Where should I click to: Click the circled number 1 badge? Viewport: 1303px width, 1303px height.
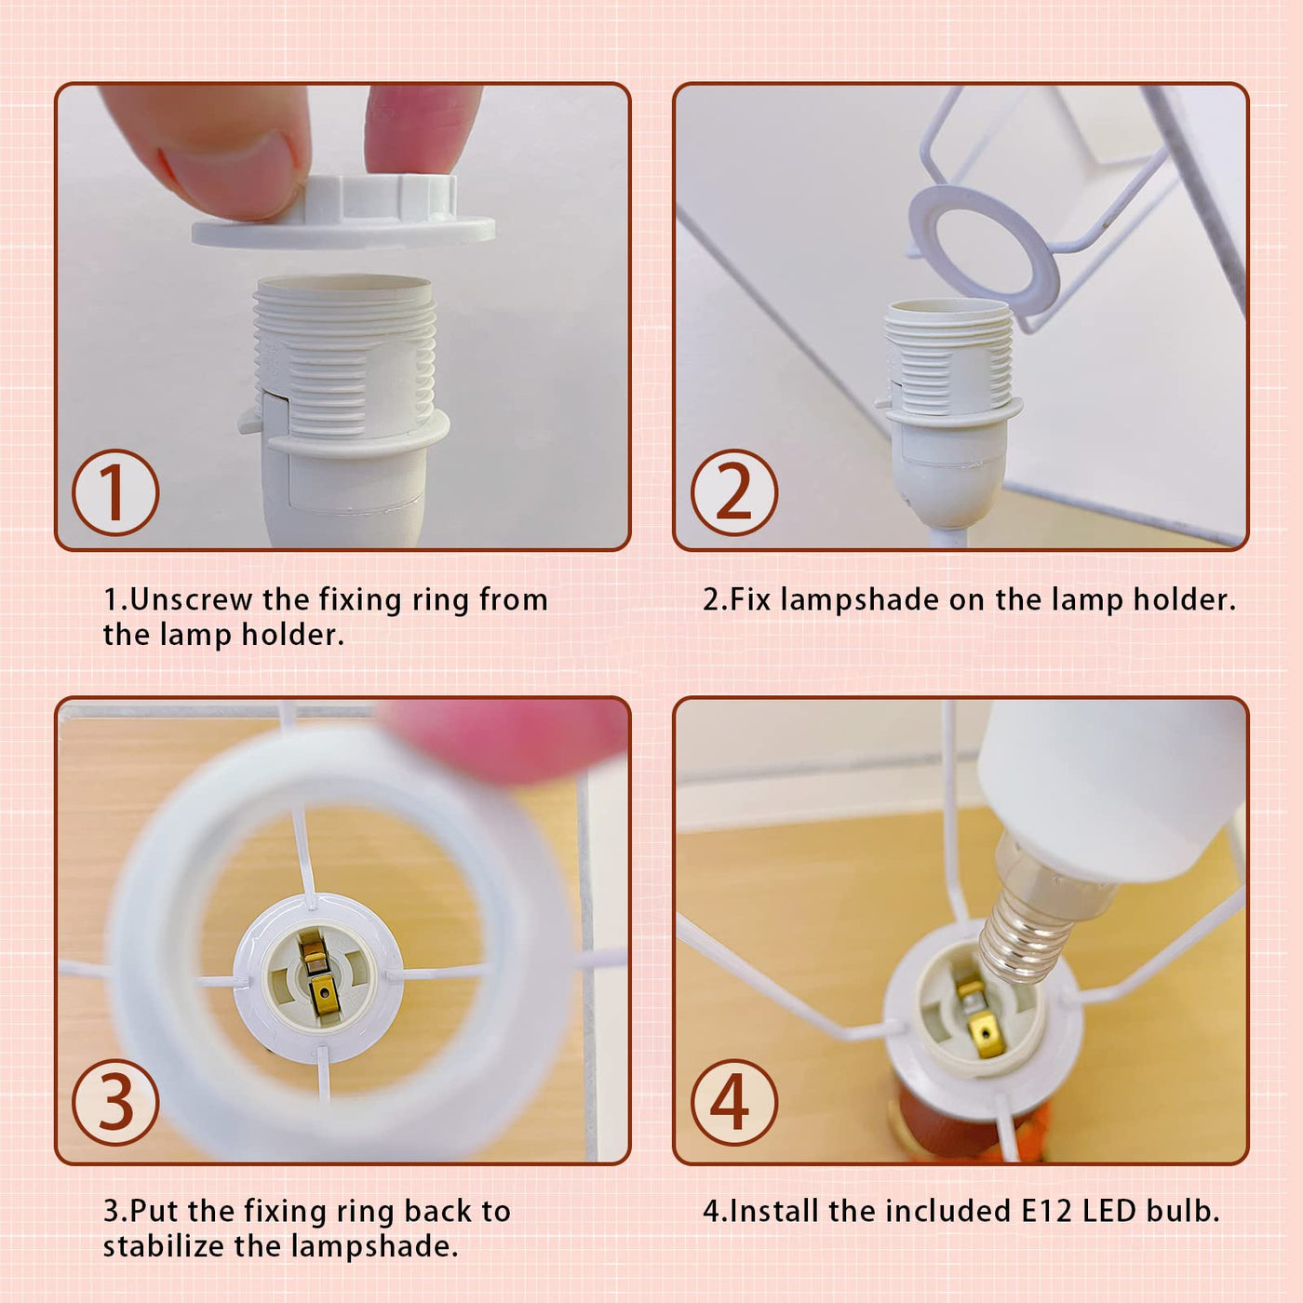point(115,493)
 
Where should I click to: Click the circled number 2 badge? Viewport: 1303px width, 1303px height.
point(733,493)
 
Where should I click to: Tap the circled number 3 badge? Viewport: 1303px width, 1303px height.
point(115,1103)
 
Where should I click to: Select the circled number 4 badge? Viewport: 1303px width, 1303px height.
point(733,1103)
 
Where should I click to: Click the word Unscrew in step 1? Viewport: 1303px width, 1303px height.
point(191,599)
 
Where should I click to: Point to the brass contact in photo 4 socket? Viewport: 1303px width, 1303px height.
point(979,1021)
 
